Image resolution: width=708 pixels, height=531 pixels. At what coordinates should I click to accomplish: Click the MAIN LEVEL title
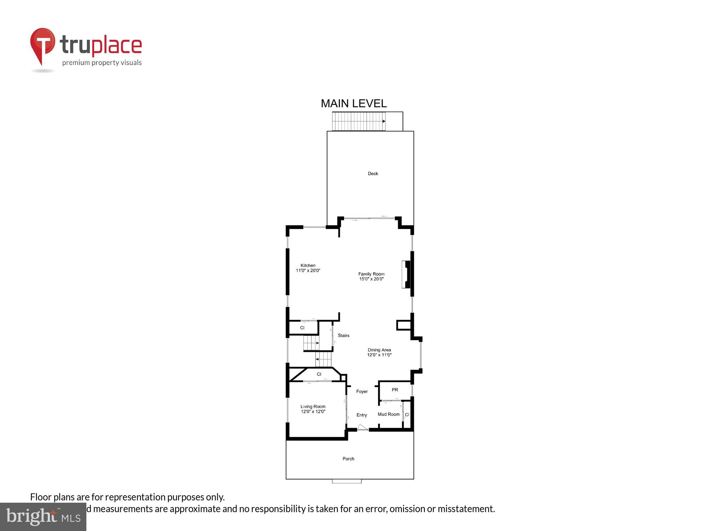tap(354, 103)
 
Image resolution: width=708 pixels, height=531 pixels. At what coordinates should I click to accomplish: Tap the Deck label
tap(373, 173)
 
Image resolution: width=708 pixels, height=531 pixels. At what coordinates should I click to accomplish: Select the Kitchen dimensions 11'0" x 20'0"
tap(308, 271)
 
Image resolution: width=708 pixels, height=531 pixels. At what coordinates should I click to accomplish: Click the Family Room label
tap(371, 274)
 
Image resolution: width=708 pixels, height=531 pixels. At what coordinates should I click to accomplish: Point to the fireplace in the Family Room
tap(406, 274)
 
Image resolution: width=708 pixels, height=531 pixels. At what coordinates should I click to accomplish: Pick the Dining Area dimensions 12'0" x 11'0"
tap(379, 355)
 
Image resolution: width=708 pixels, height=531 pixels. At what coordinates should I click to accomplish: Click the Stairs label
tap(343, 336)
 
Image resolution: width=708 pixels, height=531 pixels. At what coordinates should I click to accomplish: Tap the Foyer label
tap(362, 392)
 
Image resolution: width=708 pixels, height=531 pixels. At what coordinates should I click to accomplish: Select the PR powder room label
tap(395, 390)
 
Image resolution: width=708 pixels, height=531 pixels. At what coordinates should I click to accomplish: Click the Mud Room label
tap(388, 415)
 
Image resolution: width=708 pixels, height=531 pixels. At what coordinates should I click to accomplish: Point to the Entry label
tap(361, 415)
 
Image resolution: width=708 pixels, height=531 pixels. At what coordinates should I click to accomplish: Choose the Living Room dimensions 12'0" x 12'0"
tap(313, 412)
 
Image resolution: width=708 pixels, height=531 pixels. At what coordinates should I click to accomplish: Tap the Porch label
tap(348, 459)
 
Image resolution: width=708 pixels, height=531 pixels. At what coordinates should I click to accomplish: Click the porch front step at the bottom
tap(347, 481)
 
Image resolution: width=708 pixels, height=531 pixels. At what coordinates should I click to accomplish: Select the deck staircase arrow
tap(383, 121)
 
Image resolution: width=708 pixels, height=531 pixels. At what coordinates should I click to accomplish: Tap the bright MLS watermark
tap(43, 517)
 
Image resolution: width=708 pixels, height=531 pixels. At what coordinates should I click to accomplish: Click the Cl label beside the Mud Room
tap(407, 415)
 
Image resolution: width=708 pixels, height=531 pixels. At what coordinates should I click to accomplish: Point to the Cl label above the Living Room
tap(319, 374)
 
